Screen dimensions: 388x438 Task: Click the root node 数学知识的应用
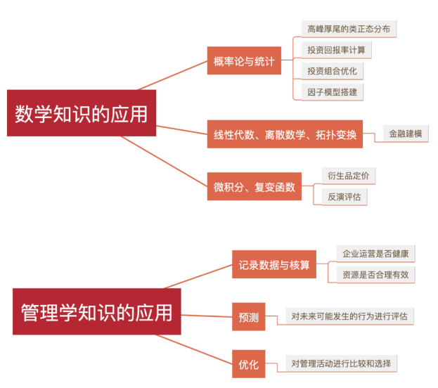click(x=82, y=113)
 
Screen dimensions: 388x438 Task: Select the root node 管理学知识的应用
click(x=96, y=311)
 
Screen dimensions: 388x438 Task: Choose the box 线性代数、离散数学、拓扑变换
click(x=285, y=134)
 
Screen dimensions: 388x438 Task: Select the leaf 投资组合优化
click(x=332, y=71)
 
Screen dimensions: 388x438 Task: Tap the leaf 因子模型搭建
click(x=332, y=91)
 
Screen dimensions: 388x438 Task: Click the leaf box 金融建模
click(x=406, y=134)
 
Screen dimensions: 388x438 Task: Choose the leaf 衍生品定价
click(x=348, y=175)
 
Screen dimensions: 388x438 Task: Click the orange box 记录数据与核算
click(x=273, y=265)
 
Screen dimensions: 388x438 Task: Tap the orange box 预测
click(x=248, y=317)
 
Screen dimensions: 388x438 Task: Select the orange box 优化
click(x=248, y=364)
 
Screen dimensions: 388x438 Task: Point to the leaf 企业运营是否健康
click(x=375, y=253)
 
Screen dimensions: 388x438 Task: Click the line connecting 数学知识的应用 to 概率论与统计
click(x=172, y=76)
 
